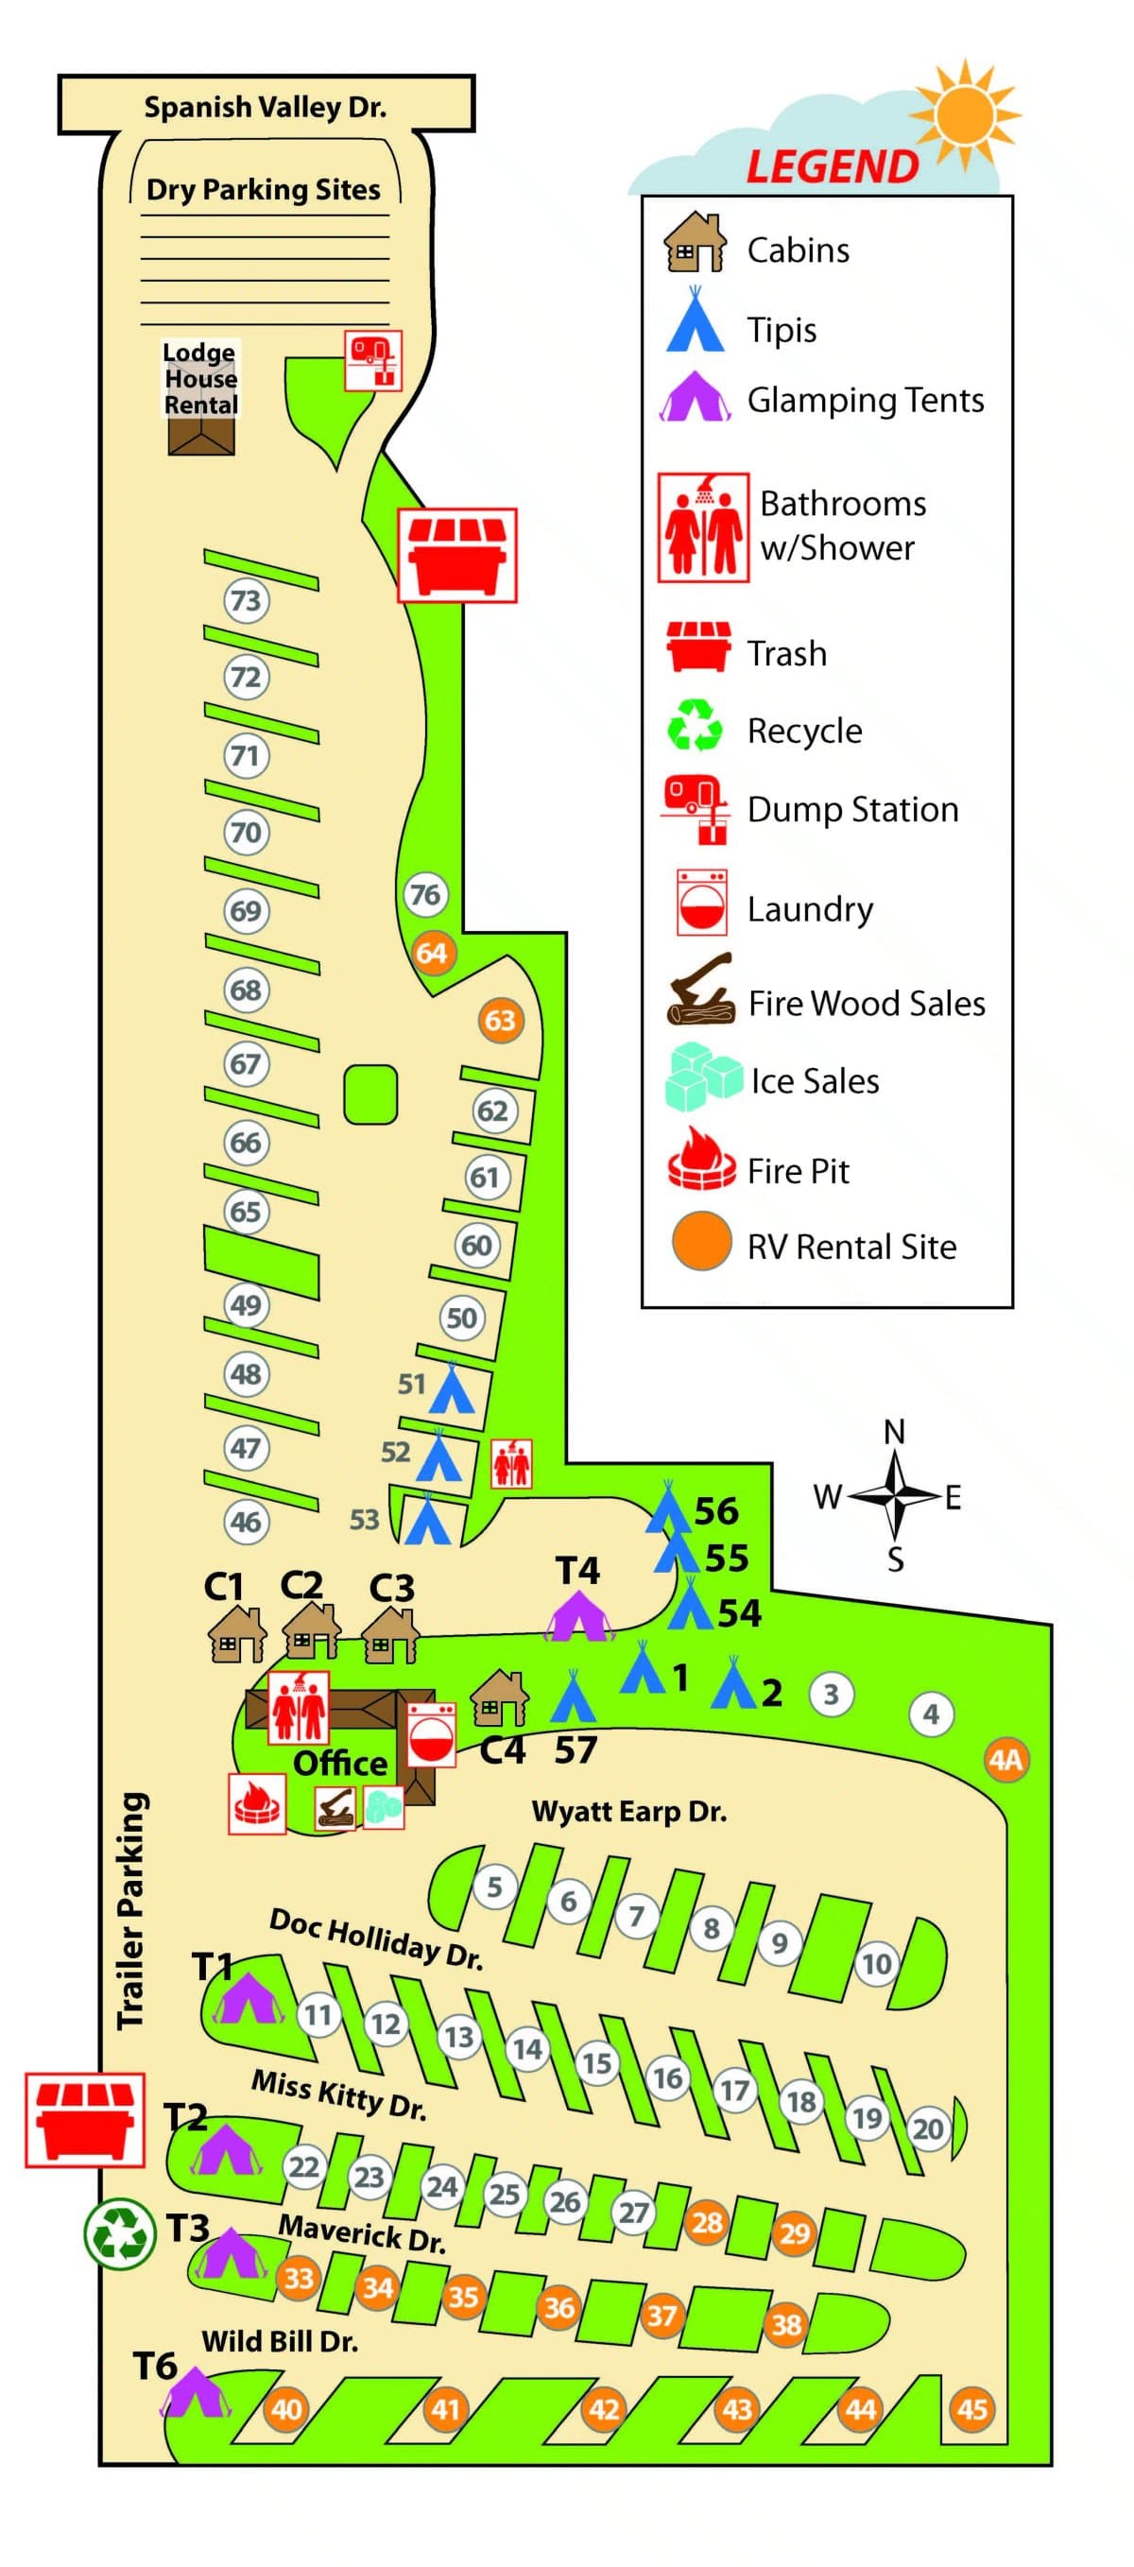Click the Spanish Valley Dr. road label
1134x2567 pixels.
(265, 107)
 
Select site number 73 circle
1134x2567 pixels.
(245, 601)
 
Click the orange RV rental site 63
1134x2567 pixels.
(500, 1020)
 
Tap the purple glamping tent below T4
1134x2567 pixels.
(577, 1616)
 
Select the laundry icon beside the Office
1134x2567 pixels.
(432, 1734)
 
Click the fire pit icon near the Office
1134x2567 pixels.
(257, 1802)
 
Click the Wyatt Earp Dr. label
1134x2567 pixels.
(628, 1811)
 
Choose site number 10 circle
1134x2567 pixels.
(876, 1963)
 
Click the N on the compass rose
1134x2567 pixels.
(894, 1432)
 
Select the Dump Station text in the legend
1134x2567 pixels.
(852, 809)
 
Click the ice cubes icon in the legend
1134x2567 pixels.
(702, 1077)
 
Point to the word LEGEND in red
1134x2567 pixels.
(832, 166)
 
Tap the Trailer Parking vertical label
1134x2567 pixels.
(131, 1910)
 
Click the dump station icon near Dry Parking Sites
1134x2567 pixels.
(373, 360)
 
